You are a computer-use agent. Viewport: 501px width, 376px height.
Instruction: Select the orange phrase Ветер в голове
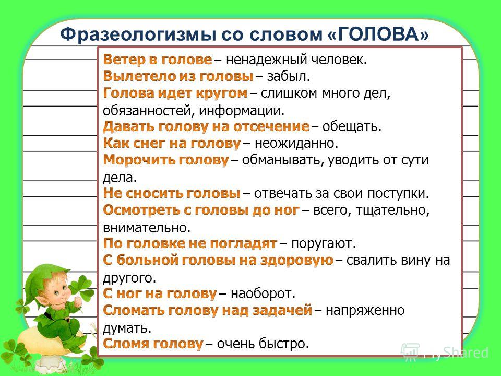(x=158, y=60)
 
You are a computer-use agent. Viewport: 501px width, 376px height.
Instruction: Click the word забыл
(x=289, y=76)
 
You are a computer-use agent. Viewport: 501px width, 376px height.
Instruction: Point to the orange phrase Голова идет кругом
(x=175, y=93)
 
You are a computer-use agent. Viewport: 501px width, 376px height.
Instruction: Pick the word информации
(x=242, y=111)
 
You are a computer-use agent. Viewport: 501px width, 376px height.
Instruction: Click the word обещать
(x=352, y=126)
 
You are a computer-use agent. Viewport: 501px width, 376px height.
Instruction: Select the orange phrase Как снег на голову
(x=172, y=143)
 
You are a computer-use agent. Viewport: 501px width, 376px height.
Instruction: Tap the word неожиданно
(x=296, y=143)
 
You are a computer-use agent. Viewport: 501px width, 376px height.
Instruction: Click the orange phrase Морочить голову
(x=166, y=160)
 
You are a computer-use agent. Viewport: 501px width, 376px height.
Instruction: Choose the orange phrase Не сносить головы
(x=172, y=193)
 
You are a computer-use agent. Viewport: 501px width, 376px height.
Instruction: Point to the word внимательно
(x=147, y=228)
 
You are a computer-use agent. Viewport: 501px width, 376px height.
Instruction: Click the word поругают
(x=324, y=244)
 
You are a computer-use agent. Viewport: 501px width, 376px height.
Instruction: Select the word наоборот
(x=263, y=293)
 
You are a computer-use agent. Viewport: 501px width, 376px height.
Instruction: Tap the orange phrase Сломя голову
(x=153, y=344)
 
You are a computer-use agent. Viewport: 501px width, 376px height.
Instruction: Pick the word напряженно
(x=365, y=310)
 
